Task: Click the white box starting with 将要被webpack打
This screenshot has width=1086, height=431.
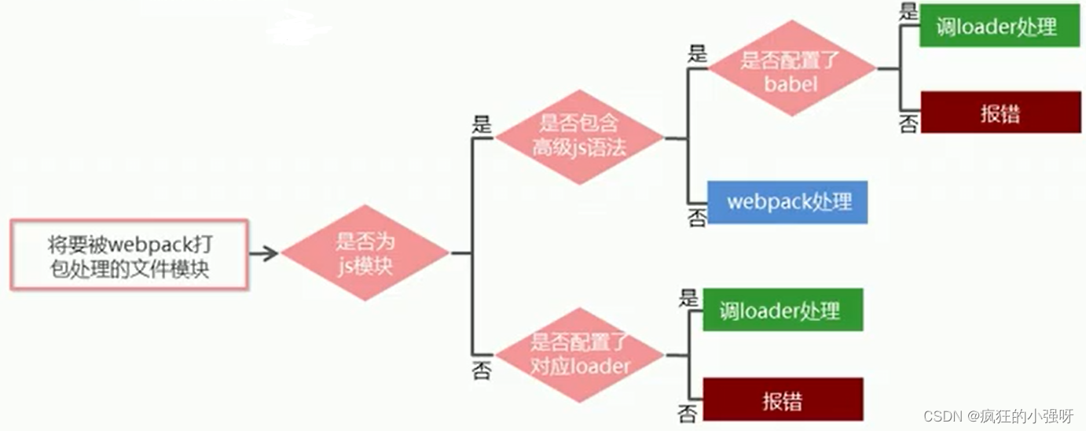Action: tap(129, 254)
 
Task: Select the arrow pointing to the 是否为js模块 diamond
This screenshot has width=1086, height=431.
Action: tap(264, 253)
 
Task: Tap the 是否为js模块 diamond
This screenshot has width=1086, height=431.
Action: tap(365, 253)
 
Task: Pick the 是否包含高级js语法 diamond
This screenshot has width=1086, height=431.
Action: tap(579, 136)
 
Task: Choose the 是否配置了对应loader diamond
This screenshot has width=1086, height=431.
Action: tap(579, 355)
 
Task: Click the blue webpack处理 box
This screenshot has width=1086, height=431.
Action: tap(787, 201)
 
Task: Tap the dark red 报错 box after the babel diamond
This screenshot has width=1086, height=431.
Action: tap(1000, 113)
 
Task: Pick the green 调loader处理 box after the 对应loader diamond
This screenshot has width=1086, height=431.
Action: tap(783, 310)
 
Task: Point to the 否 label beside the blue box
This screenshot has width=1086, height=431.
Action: tap(696, 218)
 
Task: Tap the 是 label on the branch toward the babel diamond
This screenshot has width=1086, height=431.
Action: tap(696, 54)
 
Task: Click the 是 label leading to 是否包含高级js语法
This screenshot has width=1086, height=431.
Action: tap(481, 125)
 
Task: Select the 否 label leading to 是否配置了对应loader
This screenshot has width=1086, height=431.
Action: tap(481, 370)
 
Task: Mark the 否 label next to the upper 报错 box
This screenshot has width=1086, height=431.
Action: tap(908, 124)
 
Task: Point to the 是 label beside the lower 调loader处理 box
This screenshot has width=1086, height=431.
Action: tap(688, 297)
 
